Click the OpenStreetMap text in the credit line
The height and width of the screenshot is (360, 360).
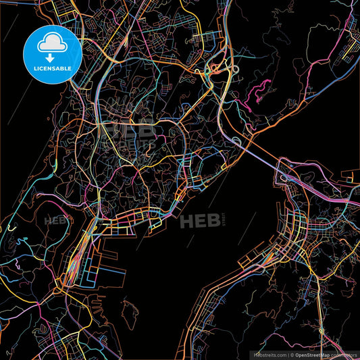point(315,354)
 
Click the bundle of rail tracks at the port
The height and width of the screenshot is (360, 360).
point(73,263)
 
